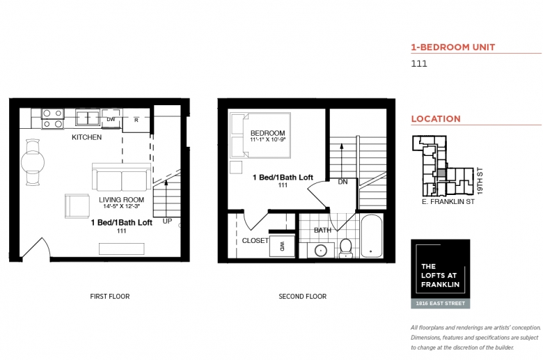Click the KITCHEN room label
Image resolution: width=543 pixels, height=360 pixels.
click(x=86, y=137)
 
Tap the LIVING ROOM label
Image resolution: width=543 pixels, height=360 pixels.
click(x=121, y=200)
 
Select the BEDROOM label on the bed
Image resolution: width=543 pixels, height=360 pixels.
click(x=268, y=133)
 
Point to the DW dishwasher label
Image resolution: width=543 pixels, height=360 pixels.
click(x=111, y=120)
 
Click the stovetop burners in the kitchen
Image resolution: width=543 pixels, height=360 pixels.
click(x=53, y=118)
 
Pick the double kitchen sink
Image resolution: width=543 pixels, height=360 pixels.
click(x=88, y=118)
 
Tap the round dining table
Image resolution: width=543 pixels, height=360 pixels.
click(x=33, y=162)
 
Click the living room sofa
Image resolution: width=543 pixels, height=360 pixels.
click(x=121, y=177)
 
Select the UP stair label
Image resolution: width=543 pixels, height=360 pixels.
click(x=167, y=221)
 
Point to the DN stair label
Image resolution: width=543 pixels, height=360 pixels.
click(x=343, y=182)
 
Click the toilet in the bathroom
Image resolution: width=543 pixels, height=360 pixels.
click(x=346, y=248)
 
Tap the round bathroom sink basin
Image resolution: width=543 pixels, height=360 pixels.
click(x=321, y=250)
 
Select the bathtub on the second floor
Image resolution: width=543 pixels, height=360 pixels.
click(x=372, y=236)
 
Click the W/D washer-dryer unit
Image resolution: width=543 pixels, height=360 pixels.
click(x=282, y=246)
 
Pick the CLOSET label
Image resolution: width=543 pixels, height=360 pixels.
click(x=255, y=240)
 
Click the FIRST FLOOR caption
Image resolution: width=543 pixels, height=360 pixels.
click(x=110, y=296)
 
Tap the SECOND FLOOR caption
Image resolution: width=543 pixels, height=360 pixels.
click(x=303, y=296)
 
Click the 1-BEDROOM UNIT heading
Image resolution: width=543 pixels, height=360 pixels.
click(x=453, y=47)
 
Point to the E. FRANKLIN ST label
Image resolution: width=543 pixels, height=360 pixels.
click(x=448, y=202)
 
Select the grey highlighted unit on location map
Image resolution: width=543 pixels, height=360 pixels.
click(x=441, y=173)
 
